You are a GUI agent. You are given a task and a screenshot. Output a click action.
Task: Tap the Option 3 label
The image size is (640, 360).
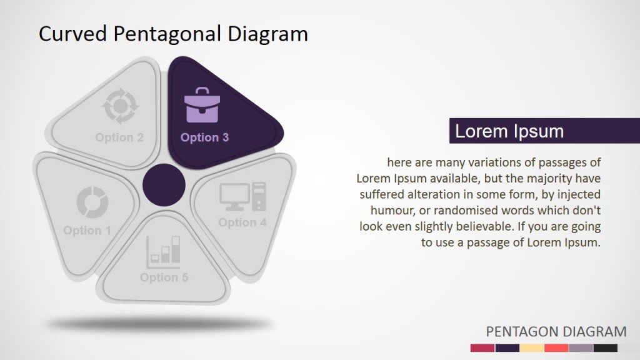tap(204, 137)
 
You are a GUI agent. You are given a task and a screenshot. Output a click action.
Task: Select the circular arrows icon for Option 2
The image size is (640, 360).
tap(117, 106)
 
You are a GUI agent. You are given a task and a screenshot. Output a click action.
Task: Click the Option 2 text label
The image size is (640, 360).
tap(119, 137)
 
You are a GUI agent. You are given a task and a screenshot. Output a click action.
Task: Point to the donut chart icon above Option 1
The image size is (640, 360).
tap(92, 202)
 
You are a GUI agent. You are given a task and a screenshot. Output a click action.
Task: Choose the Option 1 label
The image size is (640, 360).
tap(87, 231)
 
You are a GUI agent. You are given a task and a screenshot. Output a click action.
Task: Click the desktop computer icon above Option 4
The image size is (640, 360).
tap(242, 196)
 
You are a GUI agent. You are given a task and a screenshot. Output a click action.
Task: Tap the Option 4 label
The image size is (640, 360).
tap(242, 222)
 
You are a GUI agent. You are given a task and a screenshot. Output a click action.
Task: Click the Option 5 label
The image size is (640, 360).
tap(164, 277)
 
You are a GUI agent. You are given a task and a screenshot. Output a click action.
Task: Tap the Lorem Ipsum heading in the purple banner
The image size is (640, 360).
tap(509, 131)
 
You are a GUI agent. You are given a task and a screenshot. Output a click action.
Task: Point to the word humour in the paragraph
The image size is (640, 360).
tap(392, 209)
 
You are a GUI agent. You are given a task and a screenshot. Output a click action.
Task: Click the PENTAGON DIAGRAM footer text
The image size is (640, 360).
tap(556, 331)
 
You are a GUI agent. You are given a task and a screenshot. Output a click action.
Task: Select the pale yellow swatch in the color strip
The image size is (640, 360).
tap(531, 348)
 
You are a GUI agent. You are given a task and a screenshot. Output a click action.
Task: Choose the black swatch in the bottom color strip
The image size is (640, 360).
tap(605, 348)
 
